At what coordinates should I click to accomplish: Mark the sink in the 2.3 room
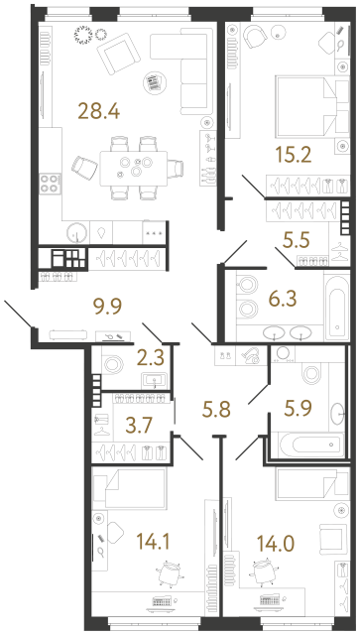(155, 380)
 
